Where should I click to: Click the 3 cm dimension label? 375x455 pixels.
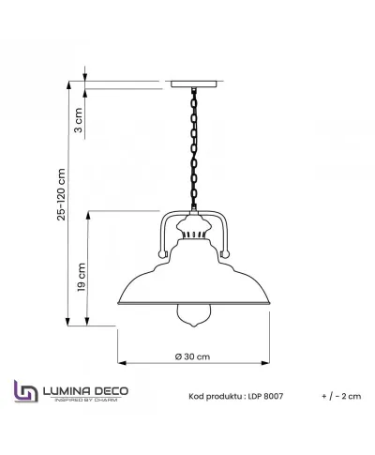point(79,117)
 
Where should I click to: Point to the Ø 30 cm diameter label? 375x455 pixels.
point(191,357)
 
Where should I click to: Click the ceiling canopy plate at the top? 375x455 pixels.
point(195,82)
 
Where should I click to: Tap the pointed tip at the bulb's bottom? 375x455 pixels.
point(195,344)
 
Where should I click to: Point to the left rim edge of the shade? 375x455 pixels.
point(119,305)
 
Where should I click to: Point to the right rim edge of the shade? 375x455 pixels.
point(270,305)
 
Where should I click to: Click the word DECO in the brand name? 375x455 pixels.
point(112,390)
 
